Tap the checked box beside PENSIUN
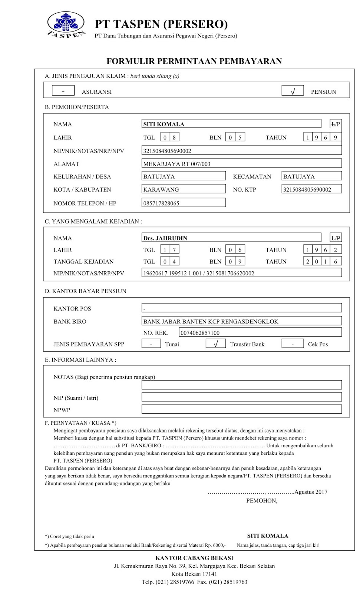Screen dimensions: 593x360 tap(293, 91)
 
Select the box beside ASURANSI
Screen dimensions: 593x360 tap(63, 91)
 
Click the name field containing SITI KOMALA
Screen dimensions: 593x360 tap(231, 124)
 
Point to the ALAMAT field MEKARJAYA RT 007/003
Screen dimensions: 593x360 tap(241, 163)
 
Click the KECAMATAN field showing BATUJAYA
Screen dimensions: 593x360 tap(311, 176)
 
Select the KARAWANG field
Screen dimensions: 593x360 tap(184, 189)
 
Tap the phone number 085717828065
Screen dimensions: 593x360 tap(184, 203)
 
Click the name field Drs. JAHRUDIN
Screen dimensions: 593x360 tap(231, 238)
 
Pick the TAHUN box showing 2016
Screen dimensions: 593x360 tap(322, 261)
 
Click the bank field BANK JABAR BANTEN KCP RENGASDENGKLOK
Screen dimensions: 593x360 tap(241, 321)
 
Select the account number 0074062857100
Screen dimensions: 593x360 tap(260, 332)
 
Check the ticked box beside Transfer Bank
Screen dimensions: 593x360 tap(216, 344)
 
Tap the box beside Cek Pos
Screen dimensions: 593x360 tap(293, 344)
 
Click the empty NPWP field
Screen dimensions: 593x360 tap(241, 410)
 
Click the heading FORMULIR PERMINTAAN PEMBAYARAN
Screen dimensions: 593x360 tap(194, 61)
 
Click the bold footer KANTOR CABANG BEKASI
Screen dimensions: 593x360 tap(194, 558)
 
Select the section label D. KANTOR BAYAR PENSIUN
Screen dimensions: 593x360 tap(86, 291)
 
